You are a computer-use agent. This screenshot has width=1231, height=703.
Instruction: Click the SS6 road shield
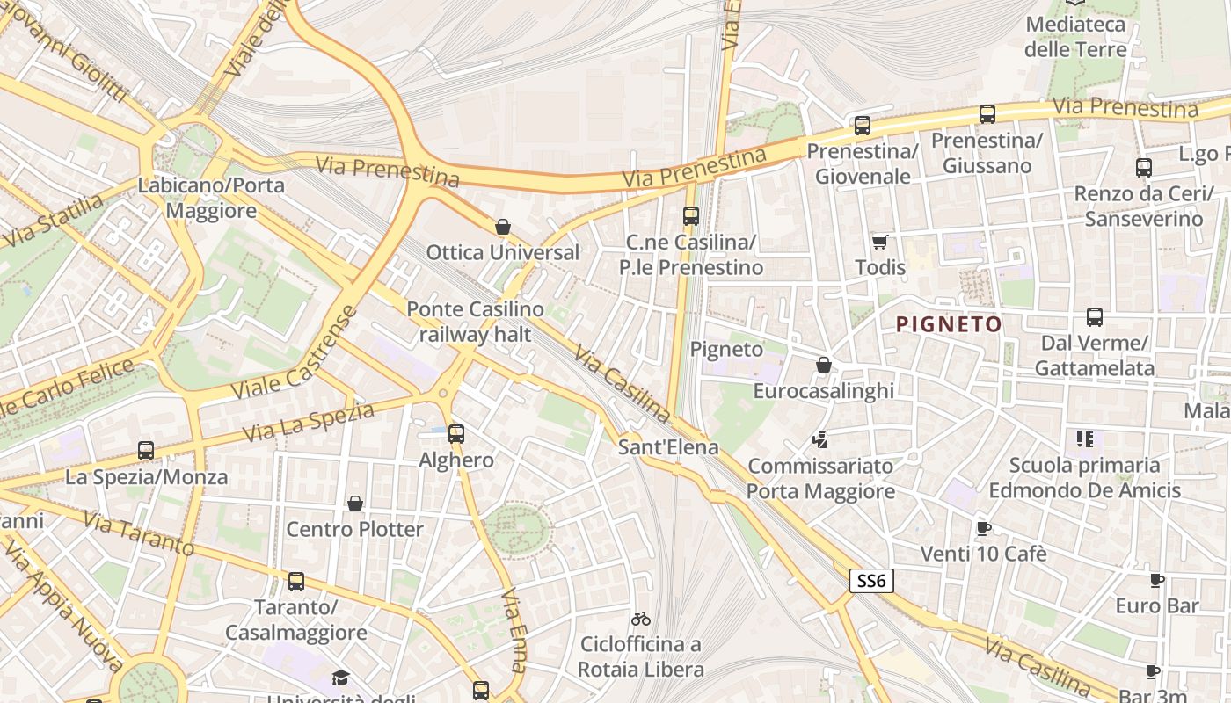click(x=871, y=581)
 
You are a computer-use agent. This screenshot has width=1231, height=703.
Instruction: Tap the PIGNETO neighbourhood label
click(x=949, y=324)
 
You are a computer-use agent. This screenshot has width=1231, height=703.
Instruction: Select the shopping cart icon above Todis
click(x=879, y=242)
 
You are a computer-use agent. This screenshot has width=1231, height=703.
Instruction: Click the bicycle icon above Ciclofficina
click(x=641, y=620)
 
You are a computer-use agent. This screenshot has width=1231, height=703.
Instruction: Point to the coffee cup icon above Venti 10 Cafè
click(x=983, y=528)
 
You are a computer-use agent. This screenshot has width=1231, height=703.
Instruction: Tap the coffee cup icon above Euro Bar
click(x=1156, y=580)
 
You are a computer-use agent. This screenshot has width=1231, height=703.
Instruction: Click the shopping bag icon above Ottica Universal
click(x=503, y=228)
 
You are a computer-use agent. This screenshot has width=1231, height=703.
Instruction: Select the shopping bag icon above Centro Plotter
click(x=355, y=504)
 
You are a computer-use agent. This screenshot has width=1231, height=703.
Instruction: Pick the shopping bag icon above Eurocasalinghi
click(x=824, y=365)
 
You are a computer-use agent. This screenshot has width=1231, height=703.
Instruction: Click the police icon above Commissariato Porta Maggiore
click(x=820, y=439)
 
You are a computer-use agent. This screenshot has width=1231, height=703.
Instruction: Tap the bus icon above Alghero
click(x=455, y=433)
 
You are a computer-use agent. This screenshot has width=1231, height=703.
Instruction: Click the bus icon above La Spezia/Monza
click(x=146, y=451)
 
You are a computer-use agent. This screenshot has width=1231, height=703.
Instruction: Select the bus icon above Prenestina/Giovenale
click(x=862, y=126)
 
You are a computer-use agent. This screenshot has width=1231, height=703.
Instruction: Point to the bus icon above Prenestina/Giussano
click(x=987, y=114)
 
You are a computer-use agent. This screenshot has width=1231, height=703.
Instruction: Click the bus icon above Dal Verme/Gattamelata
click(x=1094, y=317)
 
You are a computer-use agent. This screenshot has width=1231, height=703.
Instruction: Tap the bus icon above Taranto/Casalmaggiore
click(x=296, y=582)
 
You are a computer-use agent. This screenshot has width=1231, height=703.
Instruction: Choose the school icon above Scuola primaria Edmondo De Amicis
click(x=1084, y=438)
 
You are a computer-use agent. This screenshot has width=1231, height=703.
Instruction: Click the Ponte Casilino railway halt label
click(x=475, y=322)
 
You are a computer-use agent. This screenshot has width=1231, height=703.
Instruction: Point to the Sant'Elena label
click(x=668, y=447)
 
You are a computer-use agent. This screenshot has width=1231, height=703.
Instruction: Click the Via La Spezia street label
click(x=308, y=423)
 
